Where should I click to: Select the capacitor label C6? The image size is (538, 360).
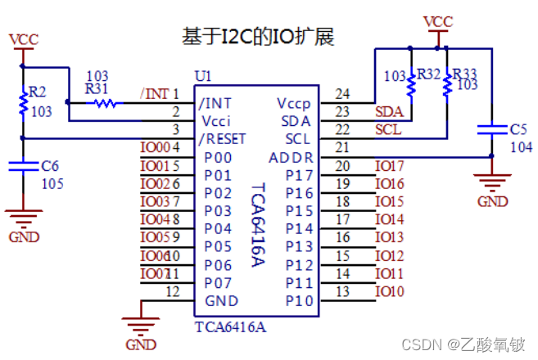(x=51, y=166)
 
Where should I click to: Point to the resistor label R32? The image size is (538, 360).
(x=428, y=74)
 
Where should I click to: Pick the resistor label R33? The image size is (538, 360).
(x=465, y=74)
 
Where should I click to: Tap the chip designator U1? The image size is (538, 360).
(x=202, y=76)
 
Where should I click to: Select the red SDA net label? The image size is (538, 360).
(x=388, y=111)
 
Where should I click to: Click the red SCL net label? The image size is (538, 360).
(x=388, y=129)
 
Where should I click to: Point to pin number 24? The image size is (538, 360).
(x=342, y=93)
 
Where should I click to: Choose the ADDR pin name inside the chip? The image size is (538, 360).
(x=291, y=157)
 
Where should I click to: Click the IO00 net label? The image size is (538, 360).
(x=154, y=147)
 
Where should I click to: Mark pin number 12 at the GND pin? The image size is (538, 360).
(x=172, y=291)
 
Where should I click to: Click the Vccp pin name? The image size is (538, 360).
(x=295, y=103)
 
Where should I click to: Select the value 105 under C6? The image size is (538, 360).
(x=52, y=183)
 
